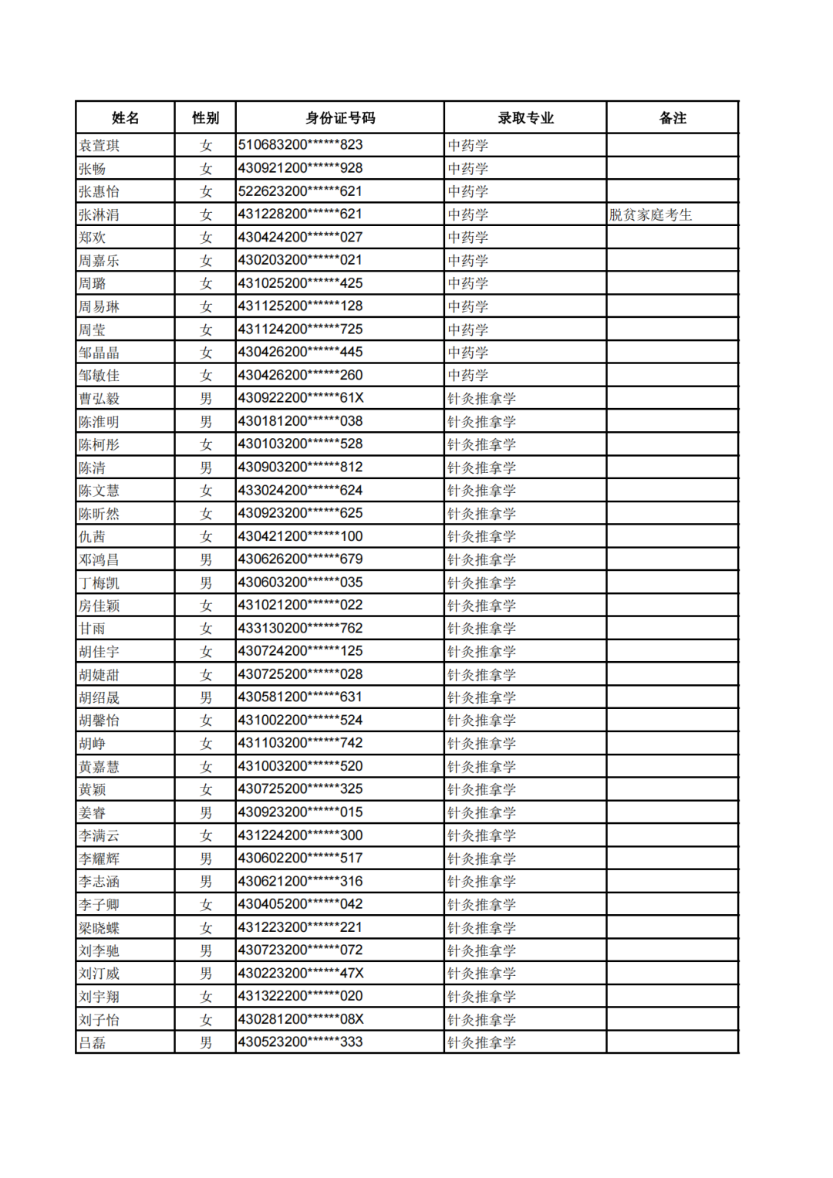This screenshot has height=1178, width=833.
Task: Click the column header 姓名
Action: pos(125,118)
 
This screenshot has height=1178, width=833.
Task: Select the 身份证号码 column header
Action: pos(339,118)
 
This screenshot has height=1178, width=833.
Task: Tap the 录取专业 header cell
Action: pos(525,118)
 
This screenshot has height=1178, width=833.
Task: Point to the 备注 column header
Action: pos(673,118)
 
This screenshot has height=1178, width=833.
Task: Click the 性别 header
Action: pos(205,118)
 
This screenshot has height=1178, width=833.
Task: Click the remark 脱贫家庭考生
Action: pos(650,214)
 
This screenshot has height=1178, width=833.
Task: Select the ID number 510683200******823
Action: pos(300,145)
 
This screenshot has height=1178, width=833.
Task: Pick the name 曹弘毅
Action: pos(99,399)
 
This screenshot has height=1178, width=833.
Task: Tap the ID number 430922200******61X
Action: pos(301,398)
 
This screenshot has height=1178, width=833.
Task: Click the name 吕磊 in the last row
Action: pos(93,1043)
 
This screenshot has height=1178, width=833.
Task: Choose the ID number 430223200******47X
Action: pos(301,974)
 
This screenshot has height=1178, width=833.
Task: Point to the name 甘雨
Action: pos(93,629)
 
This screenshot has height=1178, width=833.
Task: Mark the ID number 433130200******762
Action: pos(300,628)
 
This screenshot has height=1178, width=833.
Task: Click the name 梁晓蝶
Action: pos(99,928)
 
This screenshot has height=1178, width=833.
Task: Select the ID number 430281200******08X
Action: pos(301,1019)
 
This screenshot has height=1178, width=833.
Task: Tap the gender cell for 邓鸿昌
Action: pos(205,559)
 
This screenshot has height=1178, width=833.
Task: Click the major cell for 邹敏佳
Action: pos(468,376)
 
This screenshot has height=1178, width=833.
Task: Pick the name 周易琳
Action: pos(99,306)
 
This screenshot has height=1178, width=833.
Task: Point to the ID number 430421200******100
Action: pos(300,536)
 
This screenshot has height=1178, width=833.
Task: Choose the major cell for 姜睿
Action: pos(481,812)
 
